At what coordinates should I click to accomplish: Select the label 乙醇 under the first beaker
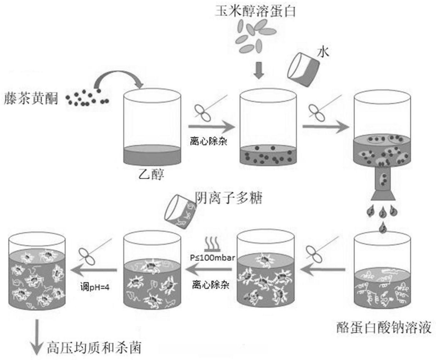pos(151,174)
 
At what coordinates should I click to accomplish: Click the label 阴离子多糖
pos(229,198)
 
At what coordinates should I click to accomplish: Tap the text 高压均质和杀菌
pos(94,348)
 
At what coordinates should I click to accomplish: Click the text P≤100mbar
pos(212,257)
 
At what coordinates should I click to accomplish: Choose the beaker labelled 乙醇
pos(152,127)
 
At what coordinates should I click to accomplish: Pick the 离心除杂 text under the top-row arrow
pos(209,141)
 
